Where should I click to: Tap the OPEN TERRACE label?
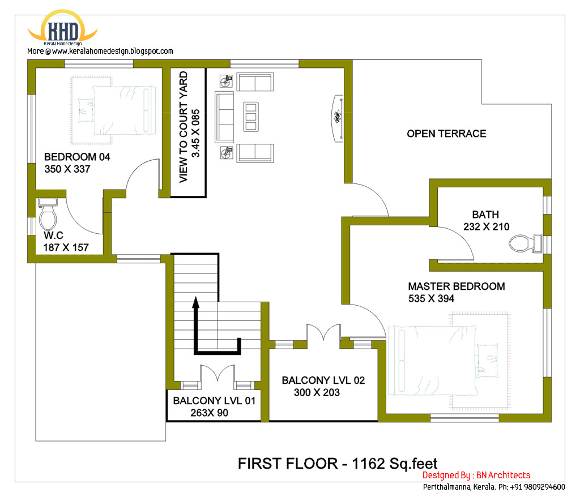[446, 134]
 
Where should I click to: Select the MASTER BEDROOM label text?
[456, 286]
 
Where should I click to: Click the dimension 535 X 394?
[431, 299]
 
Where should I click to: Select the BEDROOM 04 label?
[77, 157]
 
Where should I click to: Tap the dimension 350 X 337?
[67, 169]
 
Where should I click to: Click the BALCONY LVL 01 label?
[214, 401]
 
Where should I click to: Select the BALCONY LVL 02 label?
[323, 380]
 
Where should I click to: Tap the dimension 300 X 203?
[317, 392]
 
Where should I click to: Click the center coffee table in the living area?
[250, 116]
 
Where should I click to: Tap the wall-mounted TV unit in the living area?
[338, 117]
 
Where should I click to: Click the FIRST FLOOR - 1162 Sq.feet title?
[337, 463]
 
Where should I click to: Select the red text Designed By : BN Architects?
[476, 475]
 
